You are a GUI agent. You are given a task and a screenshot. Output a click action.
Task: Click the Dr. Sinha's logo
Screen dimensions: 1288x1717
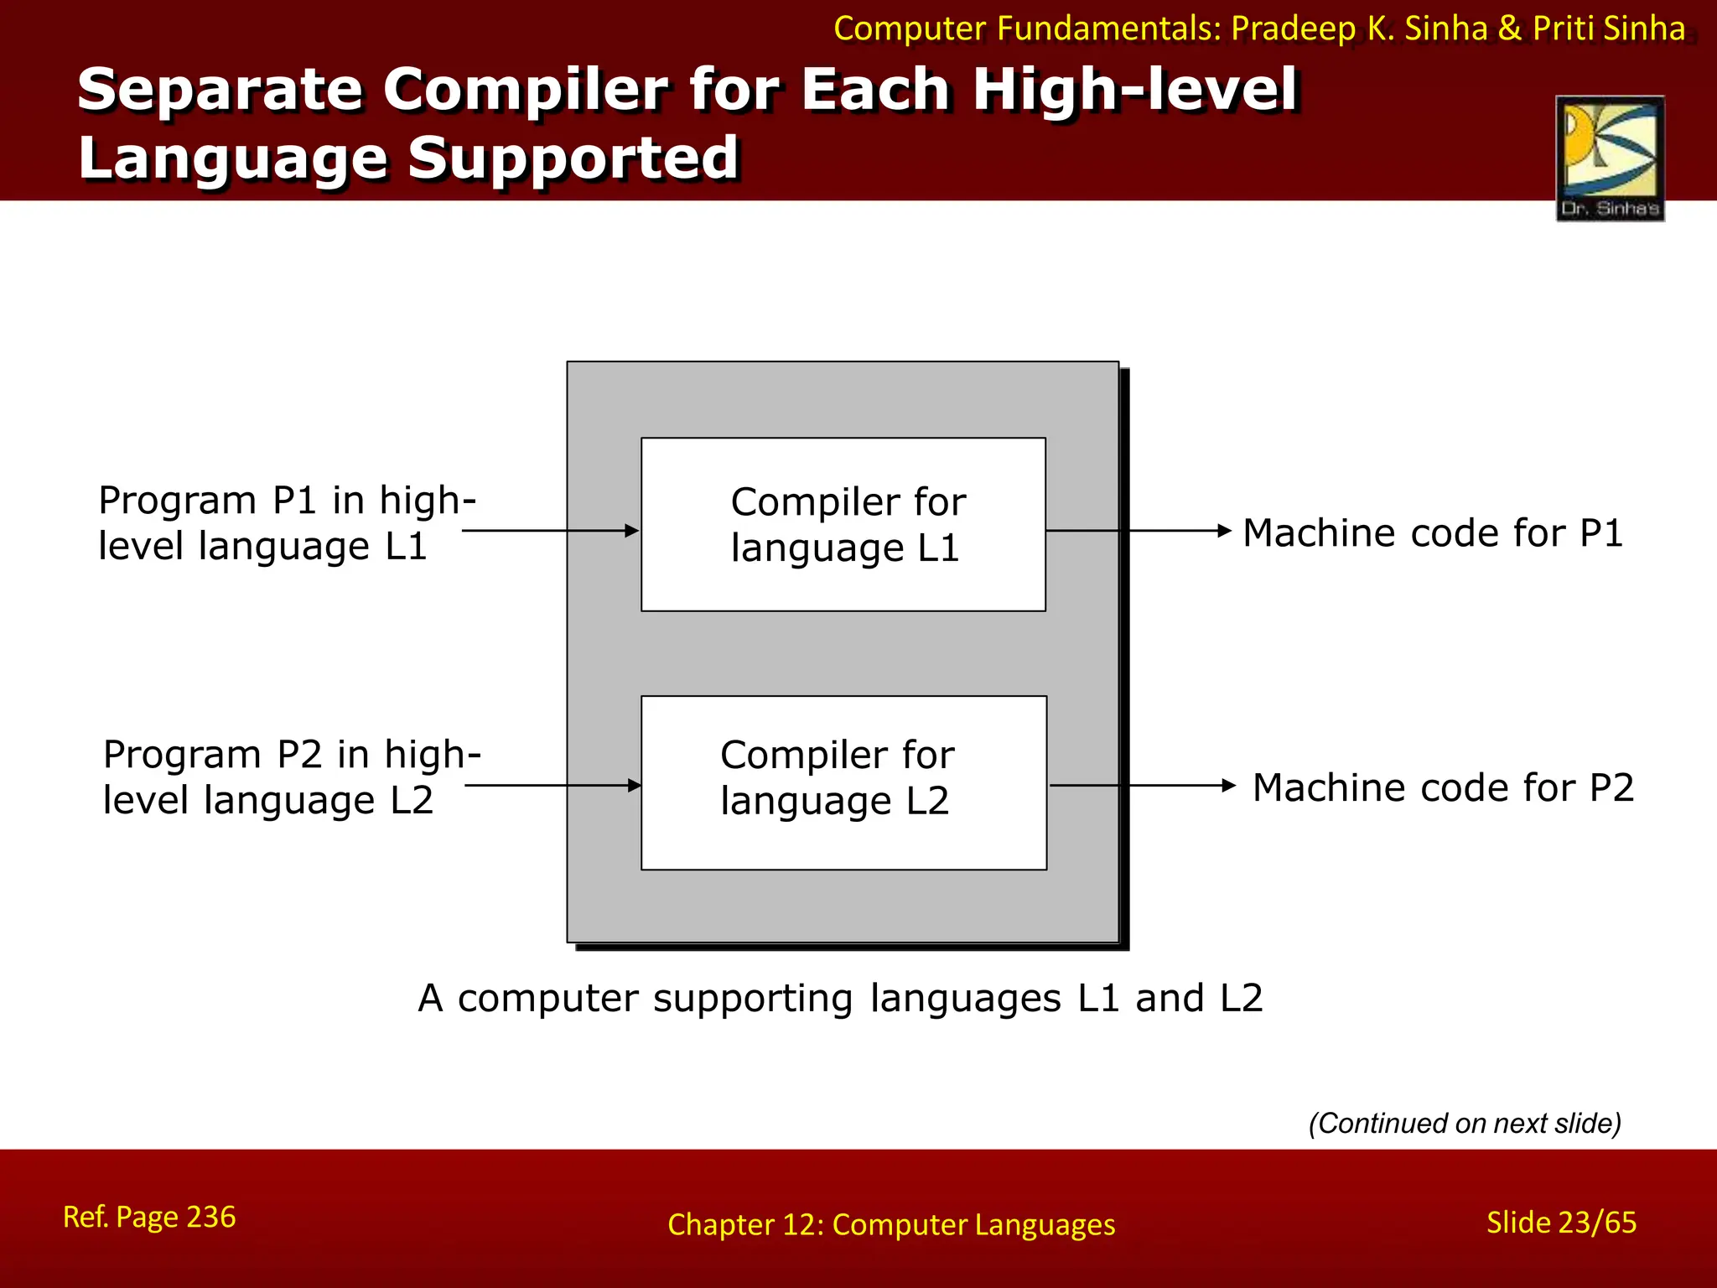(1610, 158)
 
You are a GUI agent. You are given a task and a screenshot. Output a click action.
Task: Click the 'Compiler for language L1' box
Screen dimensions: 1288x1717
(843, 525)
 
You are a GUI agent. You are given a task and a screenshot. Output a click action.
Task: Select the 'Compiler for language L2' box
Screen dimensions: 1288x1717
(843, 782)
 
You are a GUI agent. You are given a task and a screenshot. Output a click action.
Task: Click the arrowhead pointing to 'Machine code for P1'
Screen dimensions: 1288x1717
(1224, 531)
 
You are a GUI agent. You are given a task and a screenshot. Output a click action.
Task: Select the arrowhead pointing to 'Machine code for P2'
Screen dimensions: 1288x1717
(1229, 786)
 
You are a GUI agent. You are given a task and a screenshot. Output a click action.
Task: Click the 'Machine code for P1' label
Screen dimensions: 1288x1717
(1433, 533)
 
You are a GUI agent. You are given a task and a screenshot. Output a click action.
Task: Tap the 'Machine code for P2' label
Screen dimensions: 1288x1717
(1443, 788)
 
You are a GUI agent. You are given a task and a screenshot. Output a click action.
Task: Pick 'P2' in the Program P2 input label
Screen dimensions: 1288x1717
(299, 755)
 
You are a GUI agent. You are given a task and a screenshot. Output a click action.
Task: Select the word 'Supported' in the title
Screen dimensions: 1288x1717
(573, 158)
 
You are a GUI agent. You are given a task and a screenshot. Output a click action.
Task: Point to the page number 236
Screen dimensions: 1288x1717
(211, 1217)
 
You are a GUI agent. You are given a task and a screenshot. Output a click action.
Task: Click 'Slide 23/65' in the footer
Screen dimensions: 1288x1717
(1561, 1223)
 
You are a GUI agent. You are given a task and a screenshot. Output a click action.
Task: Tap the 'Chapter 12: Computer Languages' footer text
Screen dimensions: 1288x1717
(891, 1225)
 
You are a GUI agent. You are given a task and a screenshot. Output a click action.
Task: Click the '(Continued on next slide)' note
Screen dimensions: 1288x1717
(1465, 1124)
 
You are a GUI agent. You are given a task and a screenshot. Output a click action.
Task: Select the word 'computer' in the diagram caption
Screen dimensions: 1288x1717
(547, 999)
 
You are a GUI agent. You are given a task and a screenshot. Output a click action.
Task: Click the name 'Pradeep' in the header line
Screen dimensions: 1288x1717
(1293, 29)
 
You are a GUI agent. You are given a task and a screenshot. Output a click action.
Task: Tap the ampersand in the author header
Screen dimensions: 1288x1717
(1509, 29)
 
